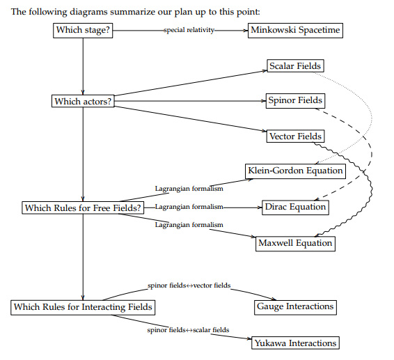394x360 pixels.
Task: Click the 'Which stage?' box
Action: [83, 31]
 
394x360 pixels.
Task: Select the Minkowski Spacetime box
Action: [295, 31]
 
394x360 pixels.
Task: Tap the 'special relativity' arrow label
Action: [189, 31]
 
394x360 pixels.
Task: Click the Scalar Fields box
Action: [295, 66]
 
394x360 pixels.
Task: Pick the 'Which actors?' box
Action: [83, 102]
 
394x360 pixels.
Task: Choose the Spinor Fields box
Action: [295, 101]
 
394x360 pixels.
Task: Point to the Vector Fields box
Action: [295, 136]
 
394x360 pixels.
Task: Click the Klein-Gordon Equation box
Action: [295, 171]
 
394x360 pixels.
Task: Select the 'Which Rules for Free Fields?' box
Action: [83, 208]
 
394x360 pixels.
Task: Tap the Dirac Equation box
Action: [295, 207]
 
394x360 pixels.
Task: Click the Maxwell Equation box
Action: [295, 243]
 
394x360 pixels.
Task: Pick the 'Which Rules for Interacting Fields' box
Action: [83, 306]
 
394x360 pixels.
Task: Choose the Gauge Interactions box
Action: [295, 306]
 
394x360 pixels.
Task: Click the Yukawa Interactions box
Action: [295, 343]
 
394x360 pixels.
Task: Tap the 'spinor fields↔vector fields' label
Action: [189, 286]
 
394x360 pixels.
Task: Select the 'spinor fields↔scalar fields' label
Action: [188, 329]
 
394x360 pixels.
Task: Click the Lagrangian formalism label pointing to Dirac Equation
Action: [189, 207]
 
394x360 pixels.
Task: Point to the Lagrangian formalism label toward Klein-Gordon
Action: [189, 189]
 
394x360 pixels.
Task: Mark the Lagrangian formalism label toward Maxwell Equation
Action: [189, 225]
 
